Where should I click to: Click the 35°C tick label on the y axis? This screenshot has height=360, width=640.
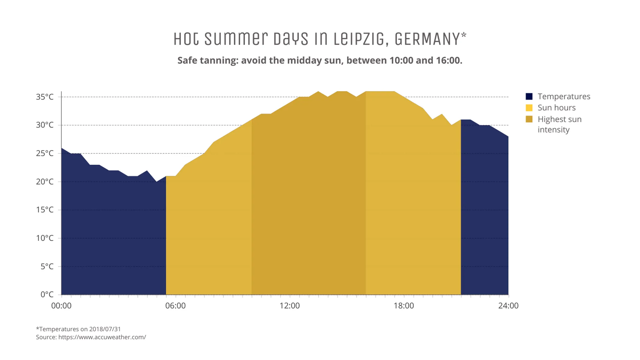[45, 97]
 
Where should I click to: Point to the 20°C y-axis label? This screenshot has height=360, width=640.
[45, 181]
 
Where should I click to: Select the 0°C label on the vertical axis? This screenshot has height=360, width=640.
[47, 294]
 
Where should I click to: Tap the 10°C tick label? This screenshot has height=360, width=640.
[45, 238]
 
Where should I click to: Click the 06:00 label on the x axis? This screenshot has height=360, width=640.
[175, 306]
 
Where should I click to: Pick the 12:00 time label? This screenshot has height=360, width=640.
[290, 306]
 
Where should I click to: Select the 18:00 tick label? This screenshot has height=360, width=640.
[404, 306]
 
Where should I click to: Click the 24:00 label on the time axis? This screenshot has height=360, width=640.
[508, 306]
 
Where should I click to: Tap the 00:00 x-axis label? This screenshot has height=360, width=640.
[61, 306]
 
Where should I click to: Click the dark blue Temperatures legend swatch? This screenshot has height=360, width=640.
[529, 96]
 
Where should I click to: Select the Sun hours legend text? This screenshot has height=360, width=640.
[556, 108]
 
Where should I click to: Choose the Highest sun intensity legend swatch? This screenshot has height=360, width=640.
[529, 119]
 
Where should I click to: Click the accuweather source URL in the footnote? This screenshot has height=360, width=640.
[102, 337]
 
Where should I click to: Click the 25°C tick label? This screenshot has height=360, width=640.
[45, 153]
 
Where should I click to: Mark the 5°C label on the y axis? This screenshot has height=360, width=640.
[47, 266]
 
